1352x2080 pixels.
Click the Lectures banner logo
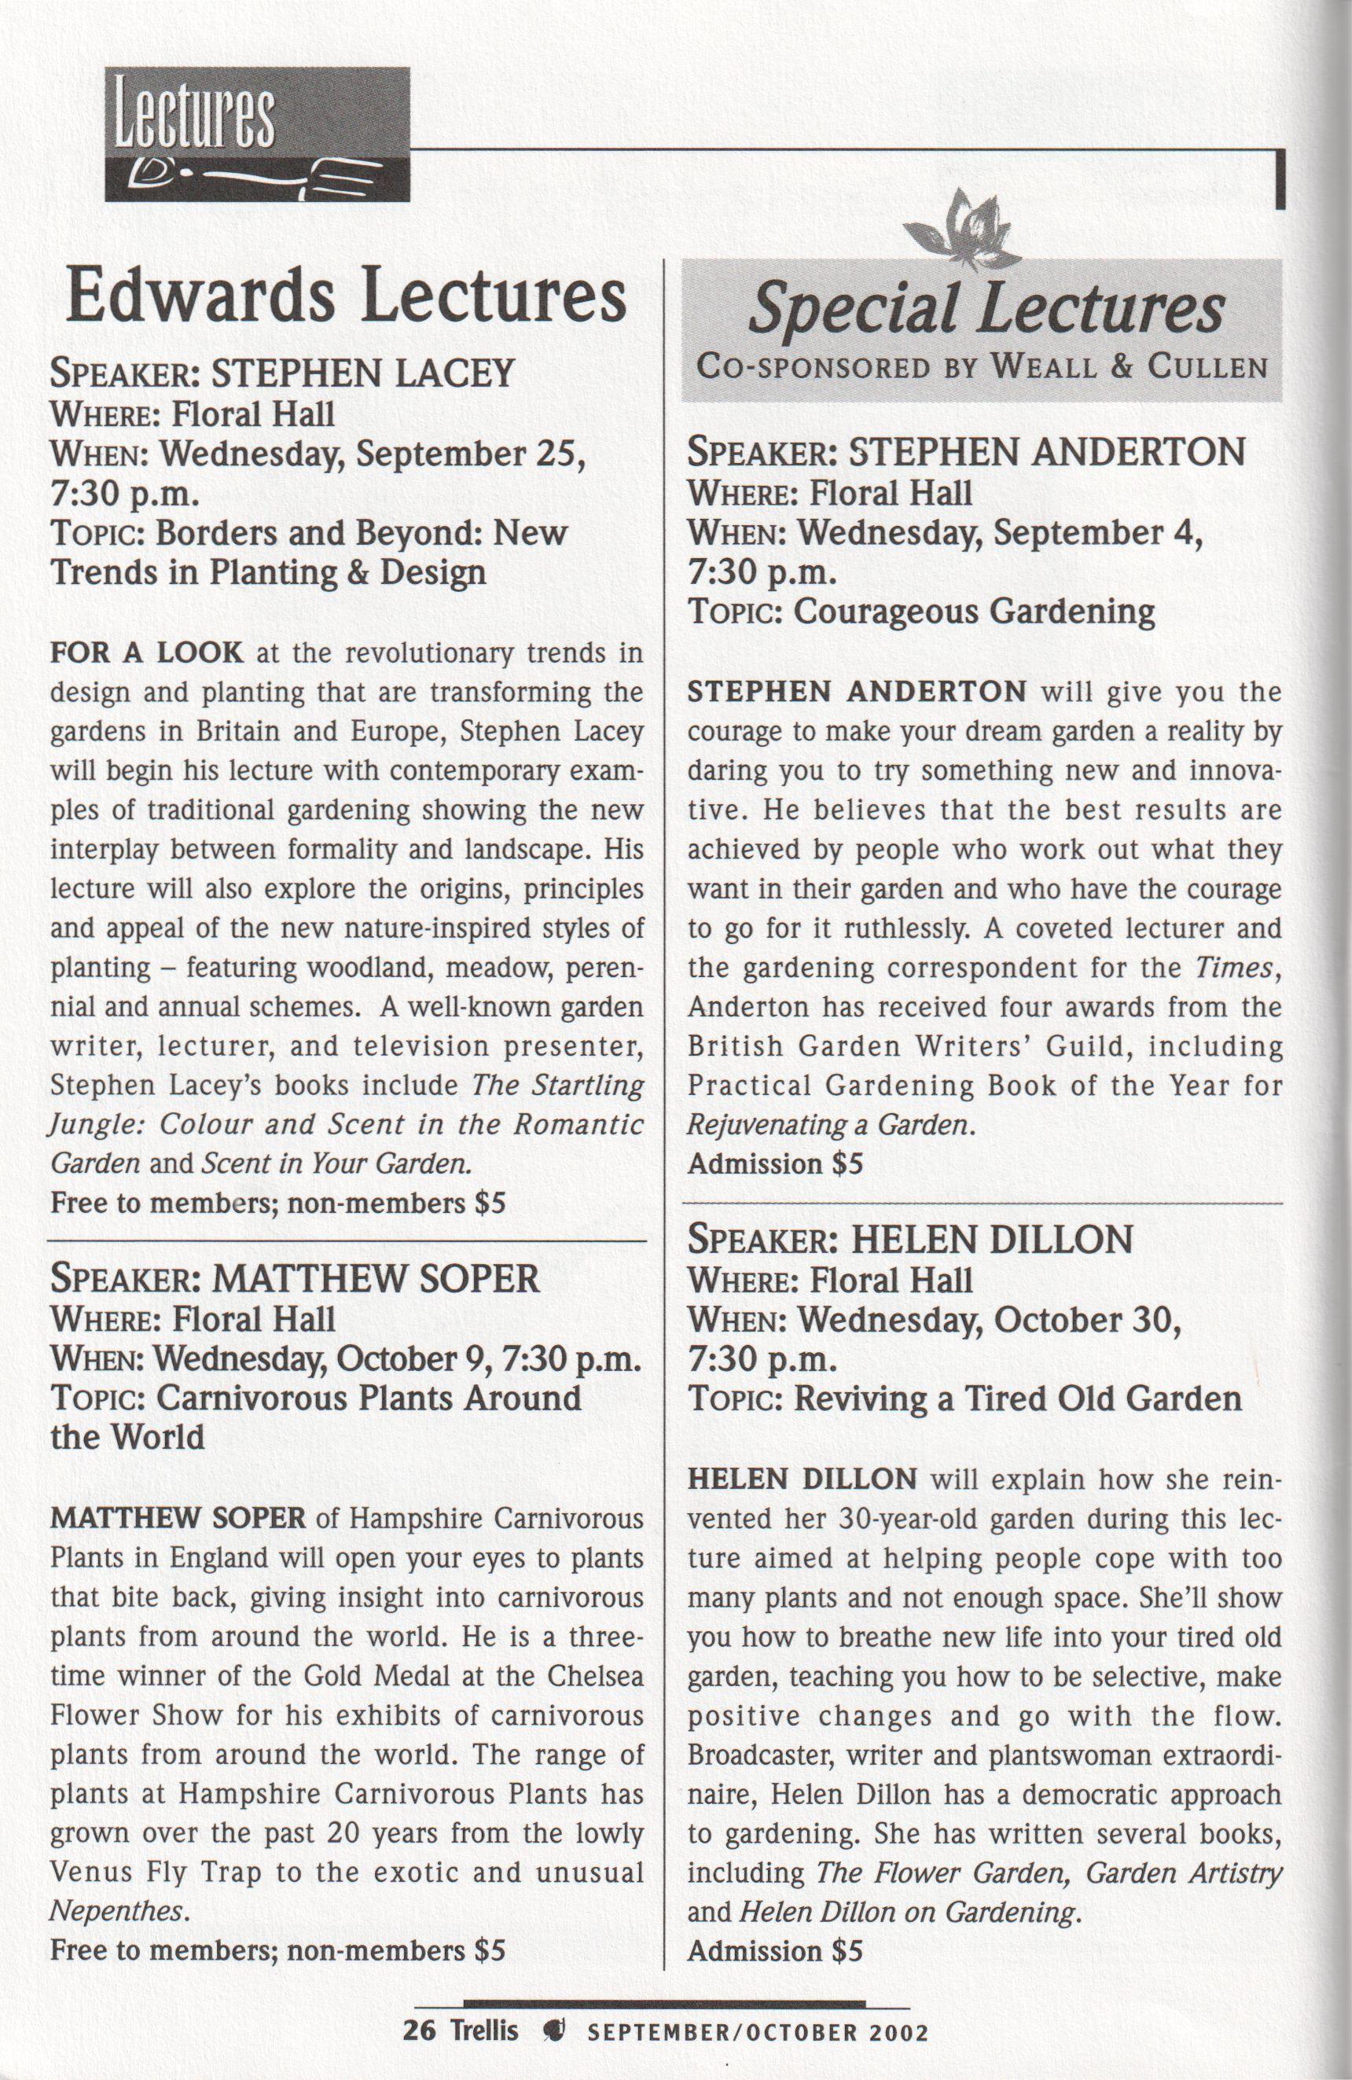coord(257,134)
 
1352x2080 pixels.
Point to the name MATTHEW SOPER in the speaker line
coord(376,1279)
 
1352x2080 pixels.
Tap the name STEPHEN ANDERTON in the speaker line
coord(1047,452)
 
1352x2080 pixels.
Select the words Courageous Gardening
coord(974,611)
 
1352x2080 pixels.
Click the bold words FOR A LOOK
coord(146,652)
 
